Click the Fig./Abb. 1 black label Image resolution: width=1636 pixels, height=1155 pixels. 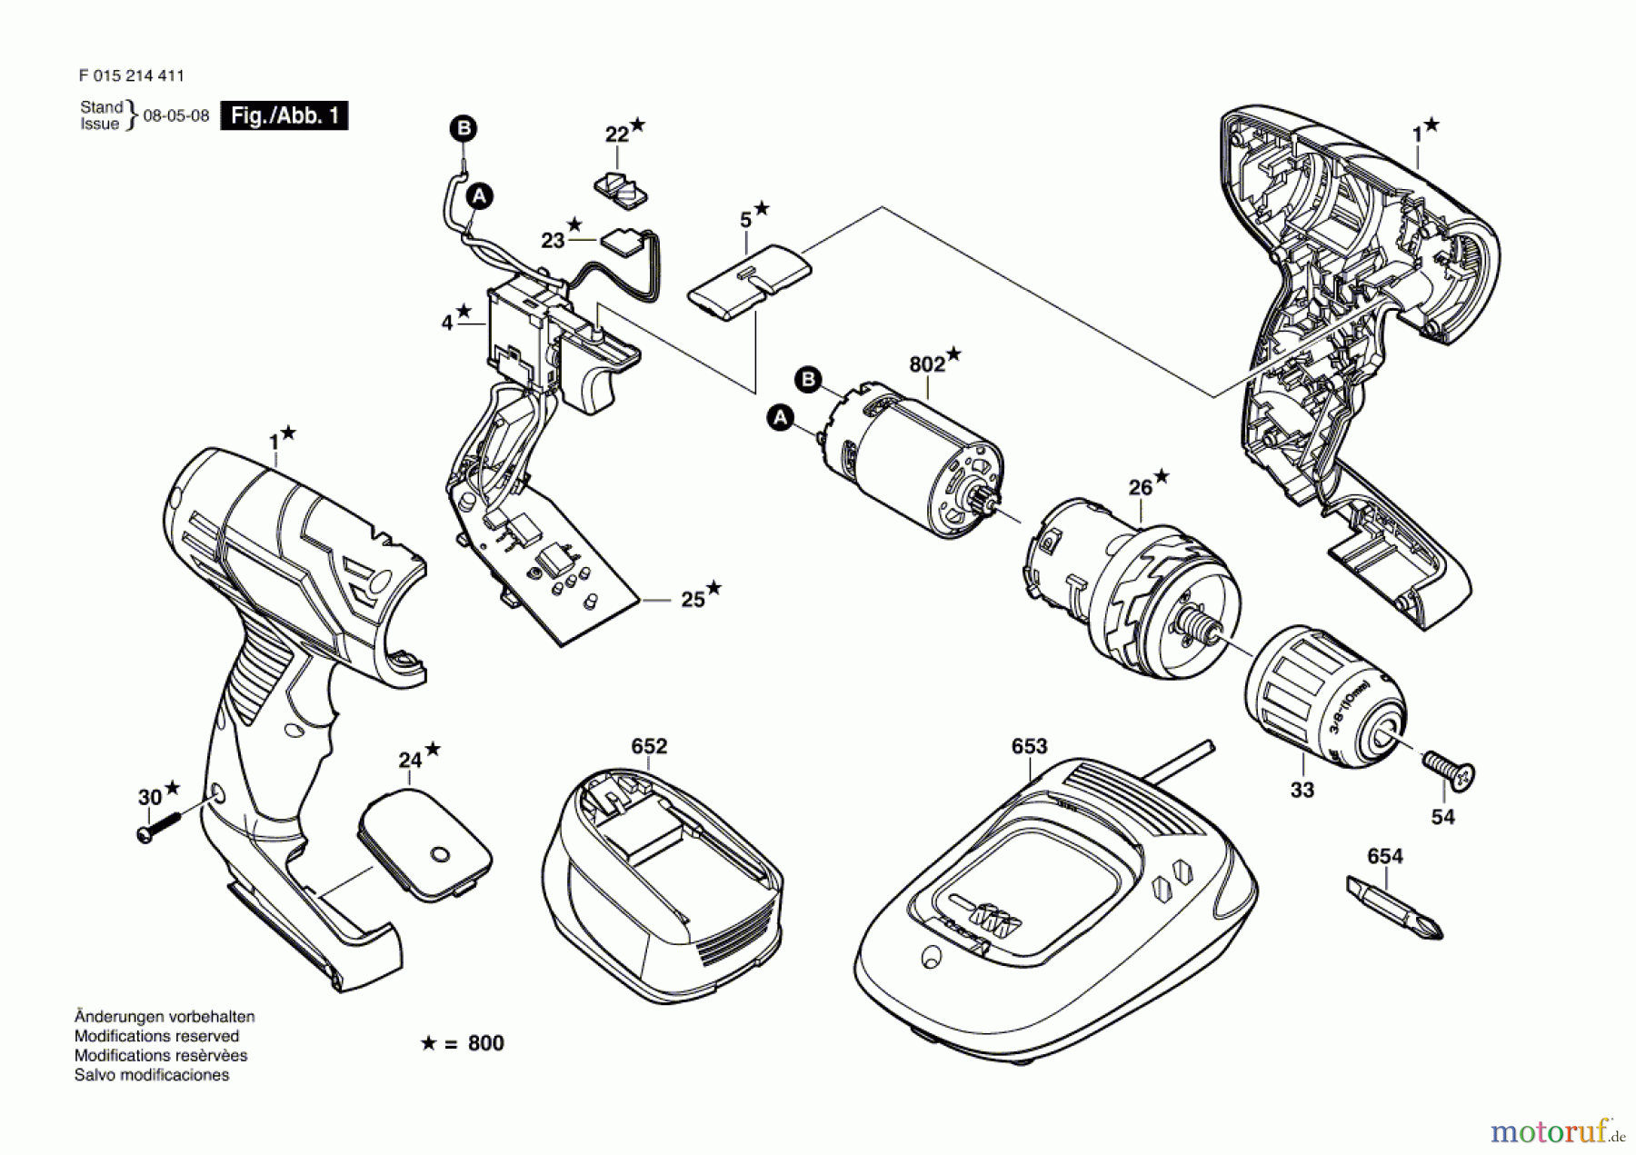tap(284, 115)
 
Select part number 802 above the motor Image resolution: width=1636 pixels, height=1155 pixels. tap(926, 364)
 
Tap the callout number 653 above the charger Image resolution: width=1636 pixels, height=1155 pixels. tap(1029, 746)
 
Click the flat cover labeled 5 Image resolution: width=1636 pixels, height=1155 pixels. tap(749, 282)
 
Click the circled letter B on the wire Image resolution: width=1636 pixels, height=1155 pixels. tap(464, 128)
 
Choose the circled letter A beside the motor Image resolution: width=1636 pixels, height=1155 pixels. tap(780, 418)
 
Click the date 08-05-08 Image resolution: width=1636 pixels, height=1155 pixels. tap(176, 116)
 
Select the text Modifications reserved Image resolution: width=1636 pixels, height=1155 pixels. tap(156, 1036)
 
